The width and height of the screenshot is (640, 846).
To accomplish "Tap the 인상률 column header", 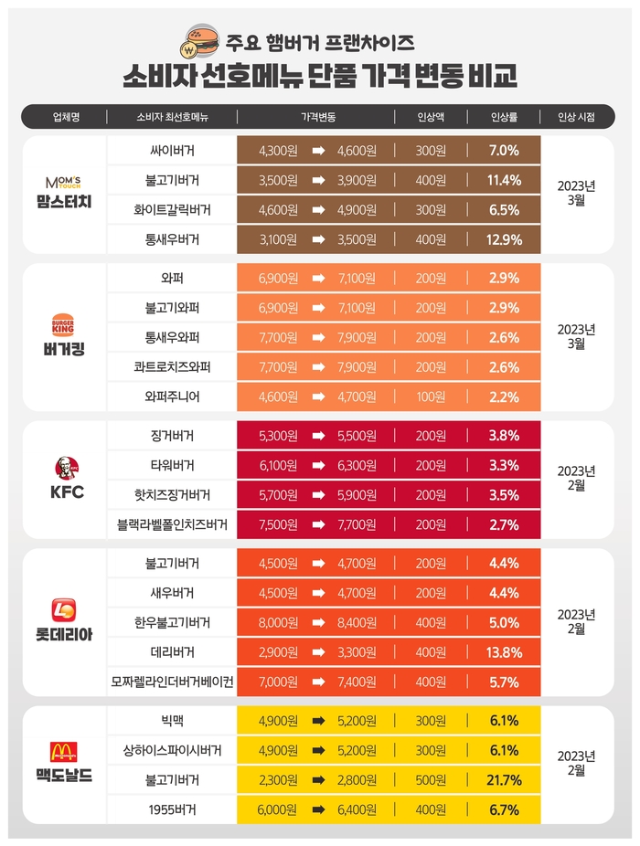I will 505,117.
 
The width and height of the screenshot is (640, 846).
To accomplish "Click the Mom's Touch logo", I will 63,180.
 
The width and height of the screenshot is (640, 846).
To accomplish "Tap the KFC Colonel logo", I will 63,470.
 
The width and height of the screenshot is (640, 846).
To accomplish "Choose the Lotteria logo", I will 63,611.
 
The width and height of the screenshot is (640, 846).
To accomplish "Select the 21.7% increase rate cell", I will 505,780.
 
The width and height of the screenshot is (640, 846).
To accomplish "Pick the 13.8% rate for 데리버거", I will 505,652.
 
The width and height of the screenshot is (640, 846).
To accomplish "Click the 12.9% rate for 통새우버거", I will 505,240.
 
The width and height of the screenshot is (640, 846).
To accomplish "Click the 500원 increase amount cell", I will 431,780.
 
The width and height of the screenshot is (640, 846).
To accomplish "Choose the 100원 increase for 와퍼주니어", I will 431,397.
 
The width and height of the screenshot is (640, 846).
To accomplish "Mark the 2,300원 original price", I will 279,780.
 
